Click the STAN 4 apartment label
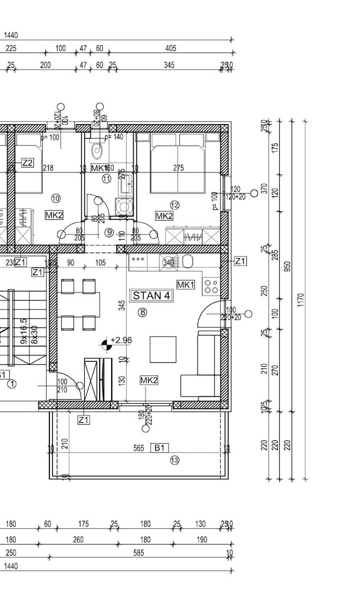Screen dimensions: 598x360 (152, 296)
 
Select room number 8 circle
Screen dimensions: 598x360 (144, 312)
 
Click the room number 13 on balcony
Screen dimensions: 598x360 (174, 460)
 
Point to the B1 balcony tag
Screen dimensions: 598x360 (159, 448)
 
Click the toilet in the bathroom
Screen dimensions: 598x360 (97, 149)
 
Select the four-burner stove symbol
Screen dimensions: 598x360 (211, 286)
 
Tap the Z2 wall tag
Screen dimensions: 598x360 (27, 162)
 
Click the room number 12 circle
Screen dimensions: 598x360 (174, 205)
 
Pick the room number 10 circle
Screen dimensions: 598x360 (55, 198)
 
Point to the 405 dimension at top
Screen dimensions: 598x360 (171, 48)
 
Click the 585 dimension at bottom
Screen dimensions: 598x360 (139, 553)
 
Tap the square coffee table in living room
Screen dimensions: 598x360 (163, 349)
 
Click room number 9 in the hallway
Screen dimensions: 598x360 (109, 232)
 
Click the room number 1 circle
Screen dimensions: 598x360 (11, 384)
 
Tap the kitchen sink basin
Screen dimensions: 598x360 (188, 261)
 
